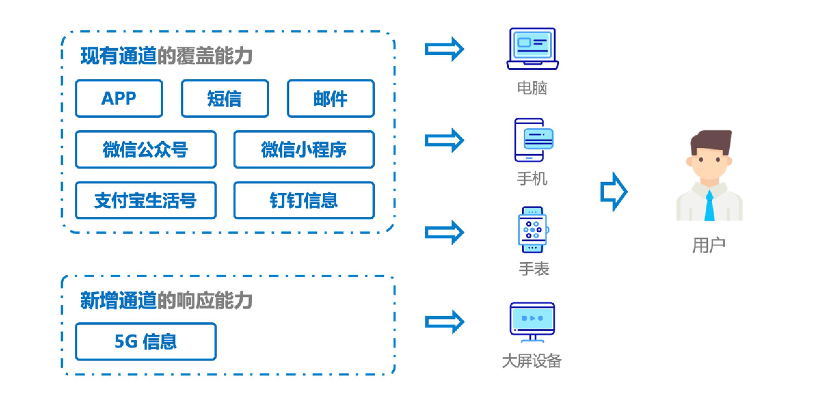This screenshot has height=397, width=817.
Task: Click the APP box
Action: (x=119, y=98)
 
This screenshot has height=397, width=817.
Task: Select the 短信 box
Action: (x=225, y=98)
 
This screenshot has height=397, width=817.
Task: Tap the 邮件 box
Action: (x=330, y=98)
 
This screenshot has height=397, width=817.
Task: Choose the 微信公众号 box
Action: (x=145, y=149)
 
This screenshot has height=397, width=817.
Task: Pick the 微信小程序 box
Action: (x=304, y=149)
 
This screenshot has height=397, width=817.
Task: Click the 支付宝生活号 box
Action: (x=145, y=200)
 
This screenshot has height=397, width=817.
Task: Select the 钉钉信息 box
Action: (x=304, y=200)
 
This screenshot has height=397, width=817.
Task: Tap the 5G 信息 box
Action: (x=145, y=341)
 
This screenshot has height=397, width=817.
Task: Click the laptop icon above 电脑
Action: (x=532, y=49)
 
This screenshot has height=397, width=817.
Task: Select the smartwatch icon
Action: (x=532, y=230)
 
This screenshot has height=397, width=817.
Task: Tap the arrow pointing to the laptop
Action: (x=444, y=49)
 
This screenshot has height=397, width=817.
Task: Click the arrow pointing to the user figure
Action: (x=613, y=192)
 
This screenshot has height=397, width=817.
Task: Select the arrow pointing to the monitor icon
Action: (x=444, y=322)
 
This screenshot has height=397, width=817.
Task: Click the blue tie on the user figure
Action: (x=709, y=207)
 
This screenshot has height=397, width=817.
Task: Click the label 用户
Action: (x=709, y=245)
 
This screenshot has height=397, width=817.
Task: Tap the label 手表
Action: (x=534, y=269)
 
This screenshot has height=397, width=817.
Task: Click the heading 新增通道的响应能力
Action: (x=166, y=300)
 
